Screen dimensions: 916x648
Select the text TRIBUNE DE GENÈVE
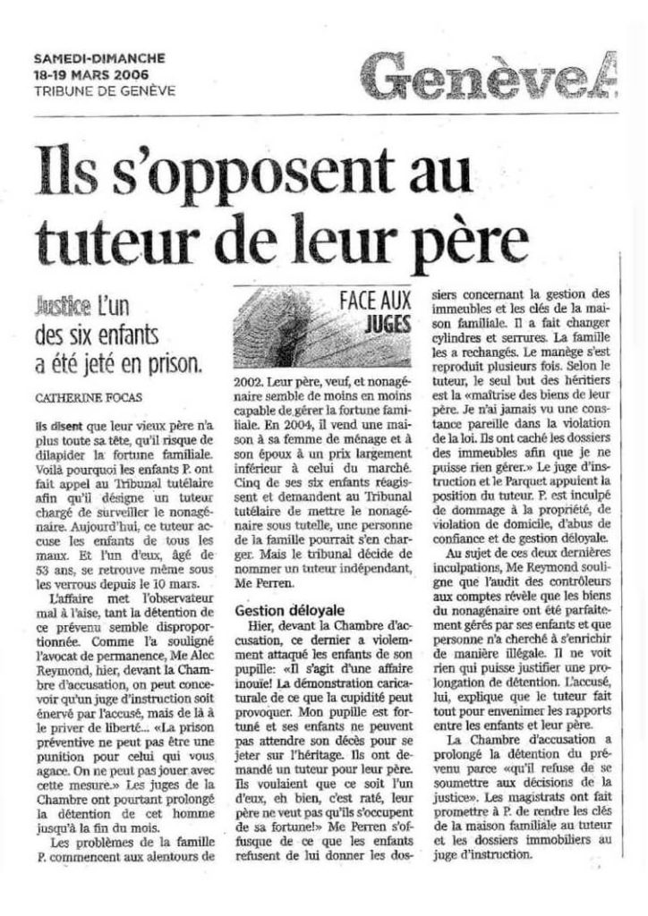[x=98, y=89]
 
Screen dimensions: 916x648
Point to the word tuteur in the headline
[x=115, y=237]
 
